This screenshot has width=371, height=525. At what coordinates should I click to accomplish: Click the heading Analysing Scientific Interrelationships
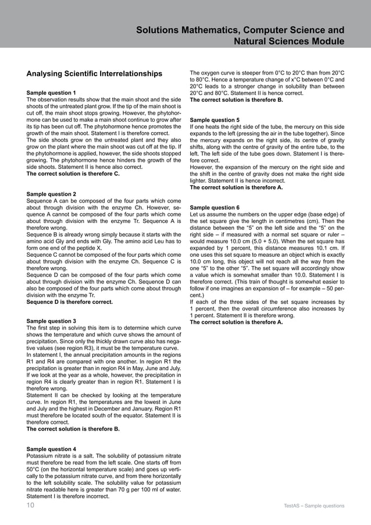coord(94,74)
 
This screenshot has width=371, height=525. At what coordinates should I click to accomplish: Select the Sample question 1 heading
coord(51,93)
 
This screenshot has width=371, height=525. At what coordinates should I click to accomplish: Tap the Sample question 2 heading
coord(51,194)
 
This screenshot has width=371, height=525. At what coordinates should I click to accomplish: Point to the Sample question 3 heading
coord(51,321)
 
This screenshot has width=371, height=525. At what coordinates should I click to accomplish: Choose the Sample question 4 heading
coord(51,449)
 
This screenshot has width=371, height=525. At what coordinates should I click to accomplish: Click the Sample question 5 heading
coord(215,120)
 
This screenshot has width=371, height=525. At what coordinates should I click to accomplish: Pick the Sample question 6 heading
coord(215,207)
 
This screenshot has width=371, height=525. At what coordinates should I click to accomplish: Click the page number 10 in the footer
coord(30,506)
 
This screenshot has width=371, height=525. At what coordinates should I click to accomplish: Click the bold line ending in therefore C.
coord(73,173)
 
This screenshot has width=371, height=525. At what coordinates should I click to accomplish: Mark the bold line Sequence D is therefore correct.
coord(70,302)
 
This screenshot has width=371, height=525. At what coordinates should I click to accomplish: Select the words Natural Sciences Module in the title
coord(288,41)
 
